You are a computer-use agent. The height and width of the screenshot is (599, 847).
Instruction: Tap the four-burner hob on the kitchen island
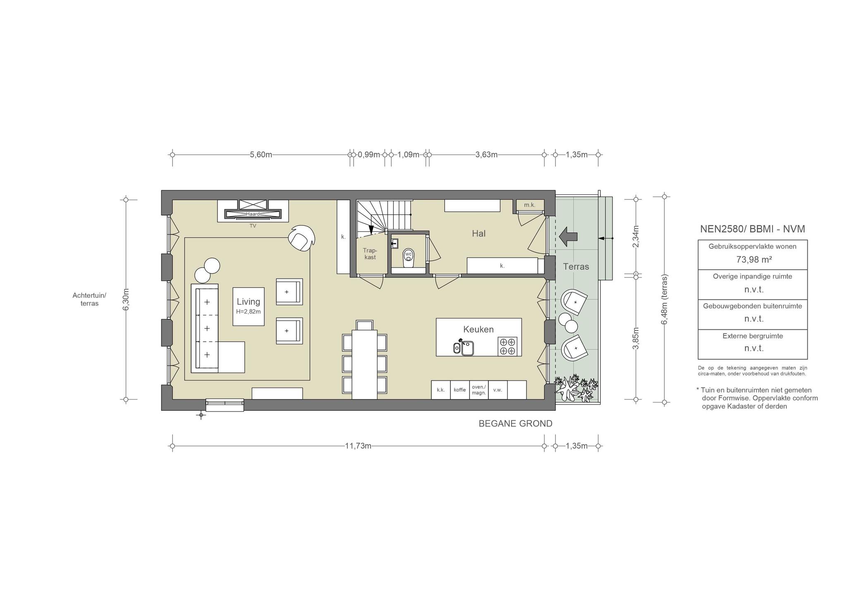pyautogui.click(x=507, y=346)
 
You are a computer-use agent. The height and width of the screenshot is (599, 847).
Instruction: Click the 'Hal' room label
pyautogui.click(x=479, y=234)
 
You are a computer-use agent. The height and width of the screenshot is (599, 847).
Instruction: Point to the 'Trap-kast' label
pyautogui.click(x=370, y=254)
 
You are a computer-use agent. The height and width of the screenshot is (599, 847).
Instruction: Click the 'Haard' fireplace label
pyautogui.click(x=253, y=214)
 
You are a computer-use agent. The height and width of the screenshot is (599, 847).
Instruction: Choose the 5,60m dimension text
pyautogui.click(x=261, y=155)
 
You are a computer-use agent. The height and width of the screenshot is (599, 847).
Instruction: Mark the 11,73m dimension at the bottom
pyautogui.click(x=358, y=446)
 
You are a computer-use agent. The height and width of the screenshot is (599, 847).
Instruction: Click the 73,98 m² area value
pyautogui.click(x=752, y=259)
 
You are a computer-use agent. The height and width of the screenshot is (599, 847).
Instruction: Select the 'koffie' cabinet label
pyautogui.click(x=459, y=390)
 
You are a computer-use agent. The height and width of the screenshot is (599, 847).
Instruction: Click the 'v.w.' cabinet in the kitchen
pyautogui.click(x=498, y=390)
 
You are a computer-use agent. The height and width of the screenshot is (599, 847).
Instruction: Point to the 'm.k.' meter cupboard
pyautogui.click(x=529, y=205)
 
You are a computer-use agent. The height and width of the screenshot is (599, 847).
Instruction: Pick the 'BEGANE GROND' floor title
pyautogui.click(x=515, y=424)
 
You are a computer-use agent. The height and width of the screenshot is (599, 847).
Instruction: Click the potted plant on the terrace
pyautogui.click(x=576, y=388)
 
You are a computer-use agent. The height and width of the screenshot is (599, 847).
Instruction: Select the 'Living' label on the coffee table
pyautogui.click(x=249, y=302)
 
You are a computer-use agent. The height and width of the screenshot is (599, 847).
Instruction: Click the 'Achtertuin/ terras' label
pyautogui.click(x=89, y=299)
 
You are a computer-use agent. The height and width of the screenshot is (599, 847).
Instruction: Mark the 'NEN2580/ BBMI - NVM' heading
pyautogui.click(x=752, y=229)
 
